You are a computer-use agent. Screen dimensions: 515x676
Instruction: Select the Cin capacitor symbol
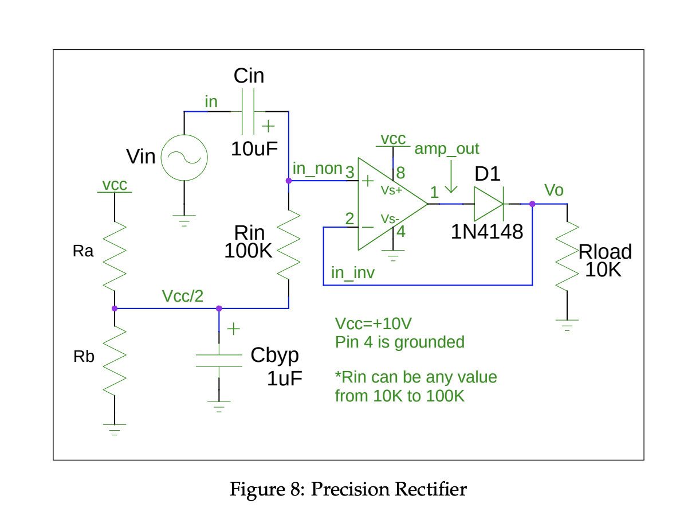click(249, 111)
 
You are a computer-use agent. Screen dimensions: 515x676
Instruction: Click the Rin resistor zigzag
click(288, 245)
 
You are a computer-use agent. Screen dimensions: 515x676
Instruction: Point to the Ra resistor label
click(83, 251)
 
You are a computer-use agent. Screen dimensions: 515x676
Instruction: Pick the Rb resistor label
click(83, 357)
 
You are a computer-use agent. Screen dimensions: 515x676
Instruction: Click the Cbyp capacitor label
click(274, 355)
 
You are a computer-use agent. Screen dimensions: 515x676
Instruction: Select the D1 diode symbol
click(489, 204)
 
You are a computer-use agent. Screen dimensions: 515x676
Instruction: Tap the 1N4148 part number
click(487, 232)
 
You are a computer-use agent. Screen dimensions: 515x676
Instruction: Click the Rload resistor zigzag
click(567, 256)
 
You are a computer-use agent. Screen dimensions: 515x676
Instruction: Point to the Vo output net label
click(553, 190)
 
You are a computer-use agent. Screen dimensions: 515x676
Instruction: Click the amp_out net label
click(447, 149)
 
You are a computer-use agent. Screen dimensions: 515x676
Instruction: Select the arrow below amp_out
click(451, 177)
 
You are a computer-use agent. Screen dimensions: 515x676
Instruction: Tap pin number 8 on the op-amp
click(400, 172)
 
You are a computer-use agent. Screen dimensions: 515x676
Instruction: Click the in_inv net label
click(352, 273)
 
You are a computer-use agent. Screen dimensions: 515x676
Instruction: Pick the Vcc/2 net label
click(182, 295)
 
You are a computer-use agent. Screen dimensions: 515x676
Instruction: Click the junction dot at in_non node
click(288, 181)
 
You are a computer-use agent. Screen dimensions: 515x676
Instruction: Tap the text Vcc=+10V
click(374, 323)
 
